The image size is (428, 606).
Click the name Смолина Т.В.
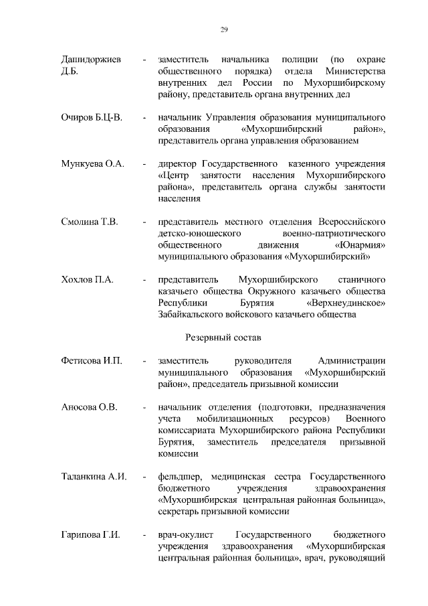(x=90, y=222)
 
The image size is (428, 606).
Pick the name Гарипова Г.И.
(x=90, y=534)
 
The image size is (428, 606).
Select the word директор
(x=180, y=164)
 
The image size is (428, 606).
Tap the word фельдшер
(x=179, y=477)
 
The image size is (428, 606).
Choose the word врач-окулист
(x=183, y=534)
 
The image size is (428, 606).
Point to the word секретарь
(x=181, y=512)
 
